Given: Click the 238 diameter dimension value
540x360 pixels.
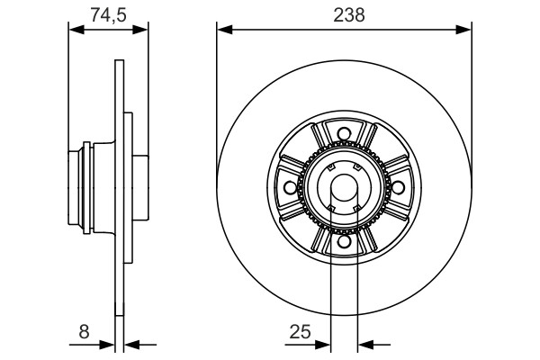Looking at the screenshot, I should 343,13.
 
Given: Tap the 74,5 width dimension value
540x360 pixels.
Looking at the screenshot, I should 107,13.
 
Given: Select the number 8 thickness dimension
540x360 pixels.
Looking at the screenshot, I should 84,332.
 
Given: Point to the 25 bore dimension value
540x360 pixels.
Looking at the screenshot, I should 300,332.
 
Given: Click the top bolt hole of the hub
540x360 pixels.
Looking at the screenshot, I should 343,136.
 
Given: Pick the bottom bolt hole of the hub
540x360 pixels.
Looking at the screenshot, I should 343,240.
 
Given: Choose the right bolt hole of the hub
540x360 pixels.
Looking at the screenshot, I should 395,187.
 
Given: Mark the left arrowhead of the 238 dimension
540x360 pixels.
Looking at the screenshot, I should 223,30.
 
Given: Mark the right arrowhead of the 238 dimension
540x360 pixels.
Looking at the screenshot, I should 464,30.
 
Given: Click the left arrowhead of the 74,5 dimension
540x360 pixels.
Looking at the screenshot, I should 76,30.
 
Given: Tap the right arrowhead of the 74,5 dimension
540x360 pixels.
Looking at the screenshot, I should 141,30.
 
